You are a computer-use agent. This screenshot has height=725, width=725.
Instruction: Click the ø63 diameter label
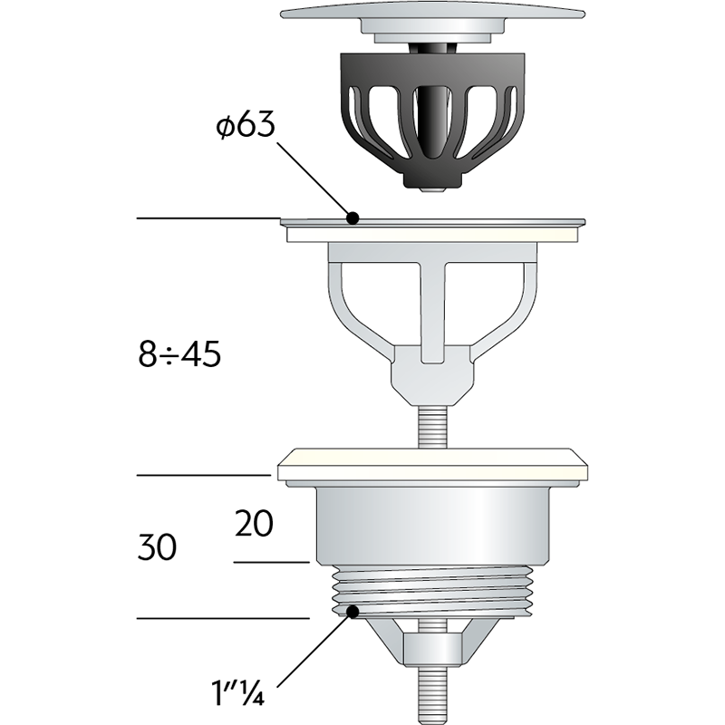pos(246,125)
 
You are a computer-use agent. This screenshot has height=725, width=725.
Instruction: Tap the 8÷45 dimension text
pos(179,354)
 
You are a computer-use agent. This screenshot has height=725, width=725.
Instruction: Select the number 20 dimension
pos(254,524)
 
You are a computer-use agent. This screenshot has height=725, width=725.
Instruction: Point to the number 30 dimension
pos(157,547)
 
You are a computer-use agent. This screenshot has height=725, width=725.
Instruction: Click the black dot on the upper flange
pos(353,217)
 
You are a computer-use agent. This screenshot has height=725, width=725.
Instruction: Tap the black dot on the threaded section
pos(353,613)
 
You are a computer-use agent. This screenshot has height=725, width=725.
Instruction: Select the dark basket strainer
pos(432,121)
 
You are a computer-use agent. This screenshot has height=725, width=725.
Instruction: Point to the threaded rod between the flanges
pos(433,427)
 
